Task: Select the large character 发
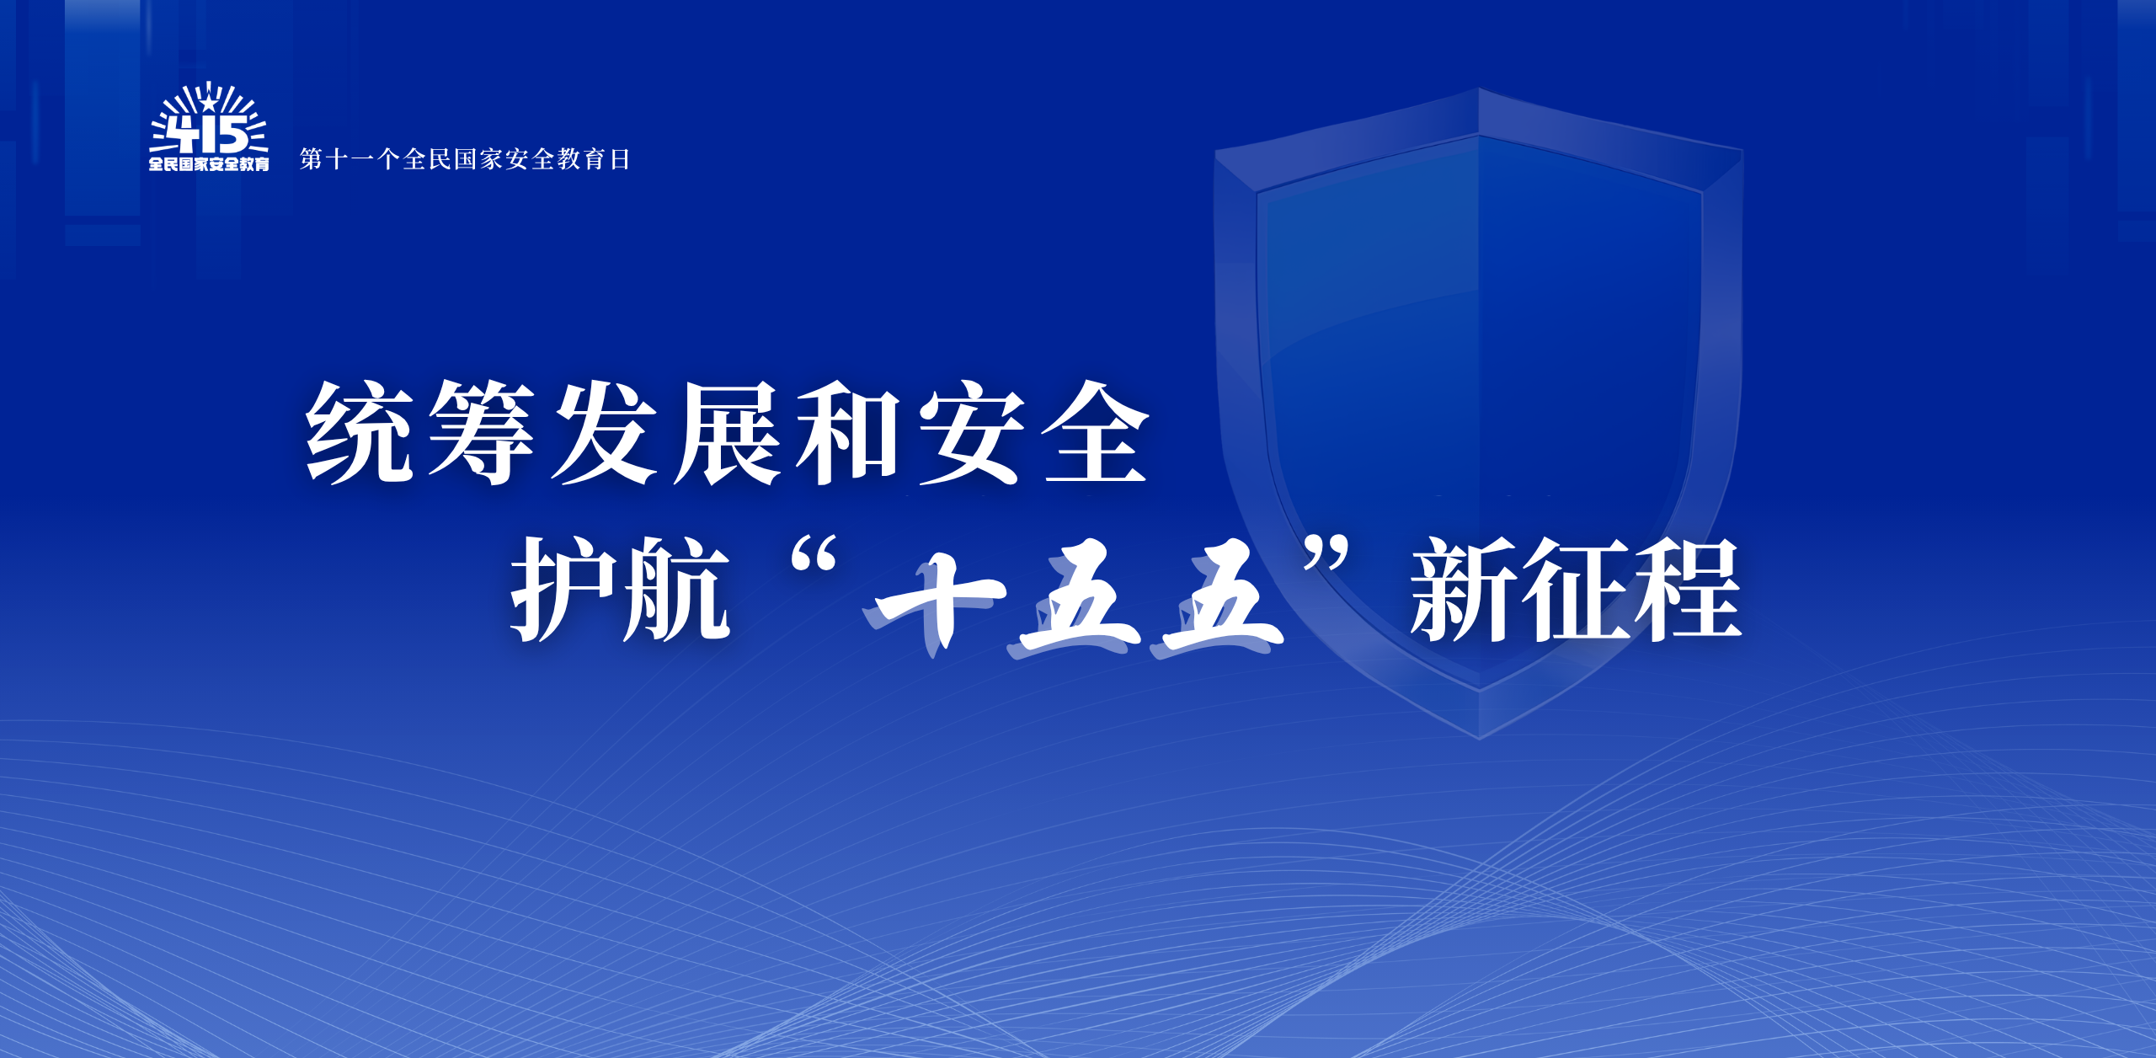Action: coord(605,432)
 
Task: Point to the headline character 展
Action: coord(728,433)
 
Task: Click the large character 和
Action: coord(849,433)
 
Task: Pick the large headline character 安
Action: coord(973,432)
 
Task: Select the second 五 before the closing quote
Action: coord(1219,601)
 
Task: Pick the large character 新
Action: coord(1466,589)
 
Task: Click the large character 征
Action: coord(1577,589)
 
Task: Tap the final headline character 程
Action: coord(1688,589)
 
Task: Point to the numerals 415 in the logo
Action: coord(207,135)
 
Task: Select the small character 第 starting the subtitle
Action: coord(312,158)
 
